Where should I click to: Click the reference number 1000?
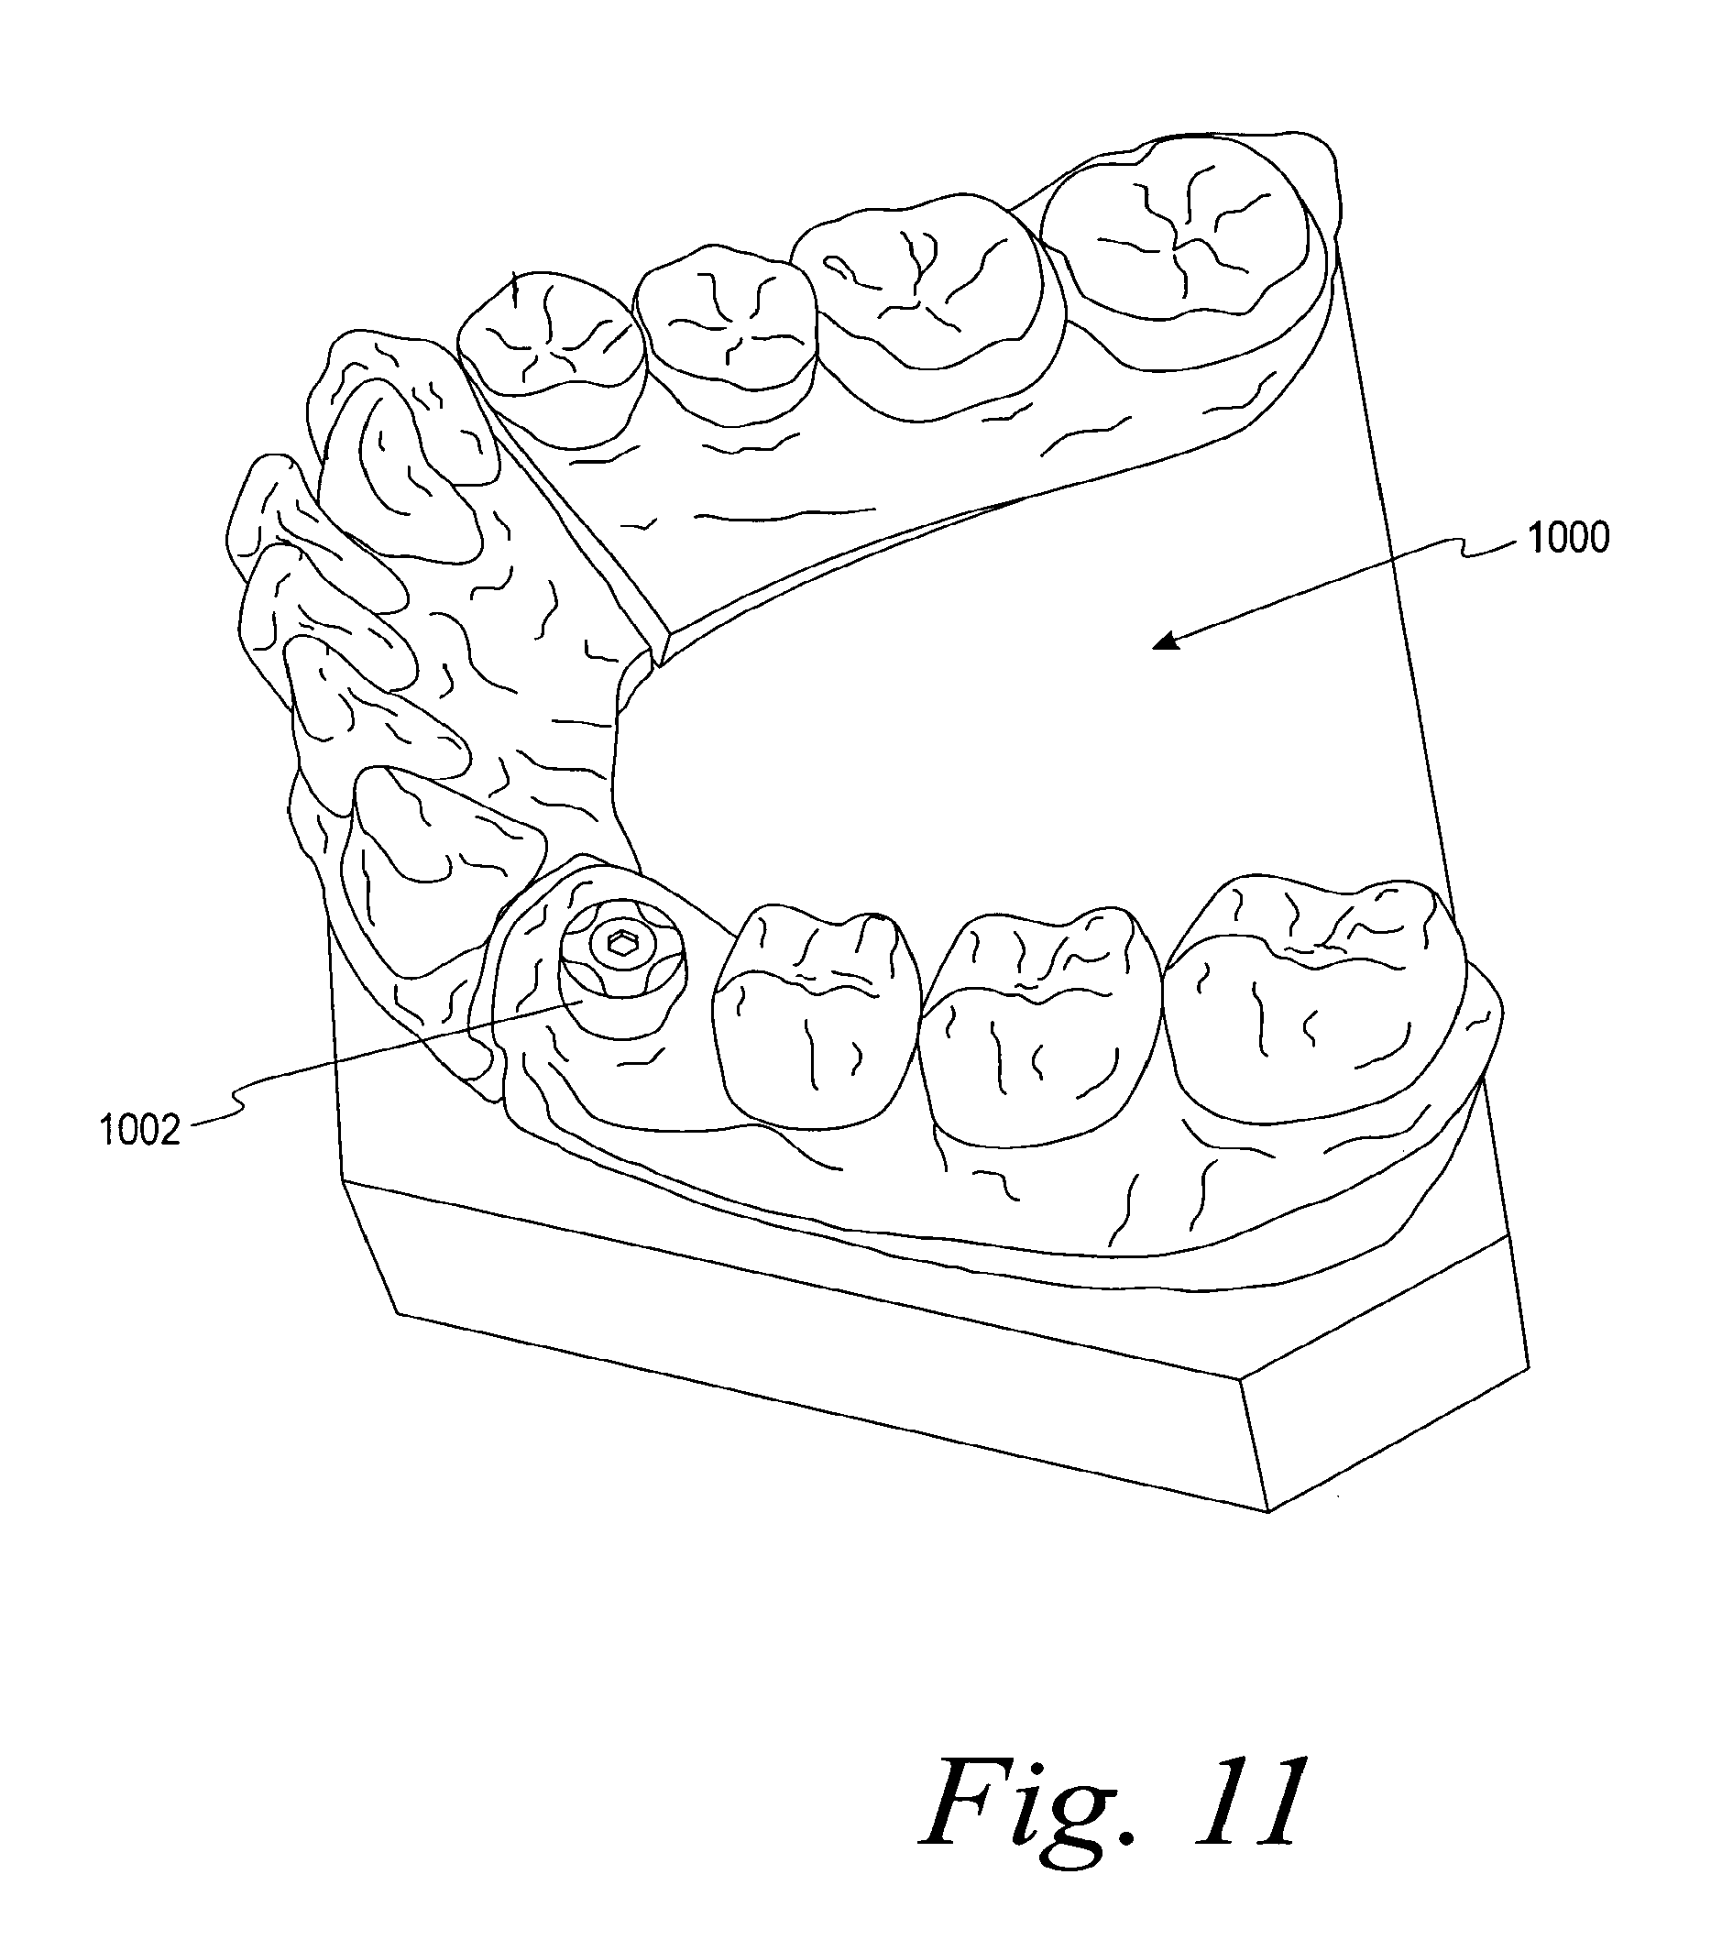(1569, 538)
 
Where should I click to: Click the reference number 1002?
(139, 1130)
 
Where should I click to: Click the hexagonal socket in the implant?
(622, 944)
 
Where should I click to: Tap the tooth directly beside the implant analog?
(816, 1012)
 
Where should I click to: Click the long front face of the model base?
(811, 1336)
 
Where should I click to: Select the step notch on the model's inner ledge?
(658, 649)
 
